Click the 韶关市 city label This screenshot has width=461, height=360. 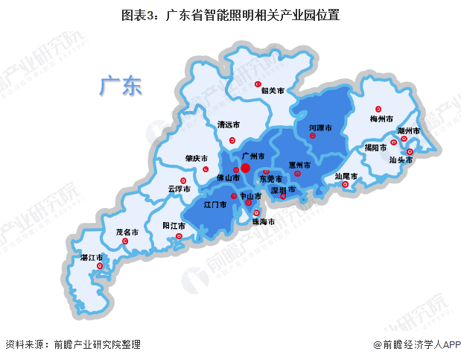click(x=273, y=91)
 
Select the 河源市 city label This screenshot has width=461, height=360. click(x=320, y=128)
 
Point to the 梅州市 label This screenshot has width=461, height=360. click(x=381, y=119)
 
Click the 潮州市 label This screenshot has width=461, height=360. click(x=409, y=131)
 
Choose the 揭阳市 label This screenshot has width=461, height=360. click(x=375, y=148)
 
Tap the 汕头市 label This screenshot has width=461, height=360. click(x=401, y=160)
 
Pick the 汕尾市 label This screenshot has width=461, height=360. click(x=346, y=177)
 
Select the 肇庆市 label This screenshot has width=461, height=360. click(x=198, y=158)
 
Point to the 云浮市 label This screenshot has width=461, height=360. click(x=180, y=189)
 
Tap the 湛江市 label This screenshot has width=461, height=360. click(x=92, y=257)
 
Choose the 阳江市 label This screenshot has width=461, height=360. click(x=174, y=225)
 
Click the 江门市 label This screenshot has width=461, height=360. click(x=215, y=204)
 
